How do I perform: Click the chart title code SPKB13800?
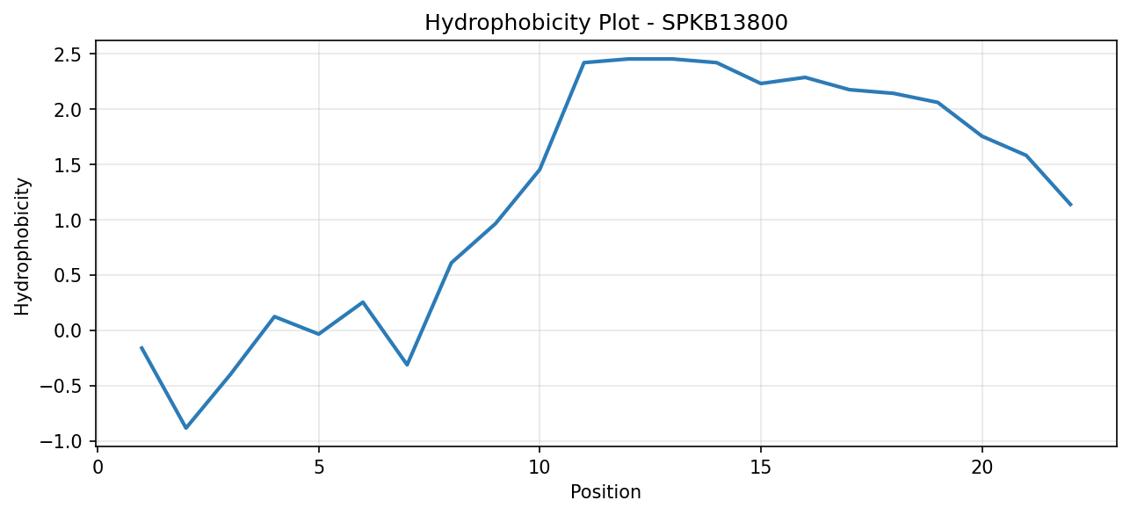pos(724,23)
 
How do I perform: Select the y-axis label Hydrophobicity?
pos(22,247)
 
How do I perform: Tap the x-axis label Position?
pos(605,492)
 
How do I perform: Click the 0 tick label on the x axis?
pos(98,468)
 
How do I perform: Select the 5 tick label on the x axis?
pos(319,468)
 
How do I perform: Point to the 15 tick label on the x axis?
pos(761,468)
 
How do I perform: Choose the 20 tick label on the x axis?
pos(982,468)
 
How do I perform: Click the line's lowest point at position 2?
pos(186,428)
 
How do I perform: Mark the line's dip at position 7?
pos(407,365)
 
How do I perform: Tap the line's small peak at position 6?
pos(363,302)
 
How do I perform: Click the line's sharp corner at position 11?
pos(583,62)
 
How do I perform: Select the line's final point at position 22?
pos(1070,205)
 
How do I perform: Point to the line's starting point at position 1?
pos(141,347)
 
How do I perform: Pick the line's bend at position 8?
pos(451,263)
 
